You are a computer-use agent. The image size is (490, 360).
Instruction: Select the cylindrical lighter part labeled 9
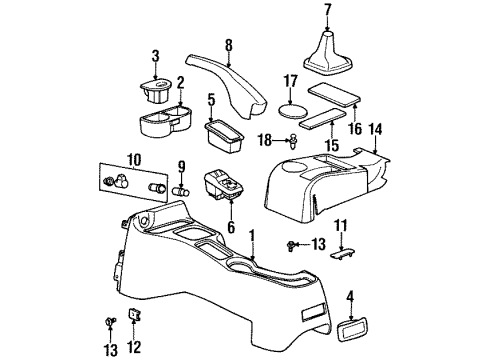click(183, 187)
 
